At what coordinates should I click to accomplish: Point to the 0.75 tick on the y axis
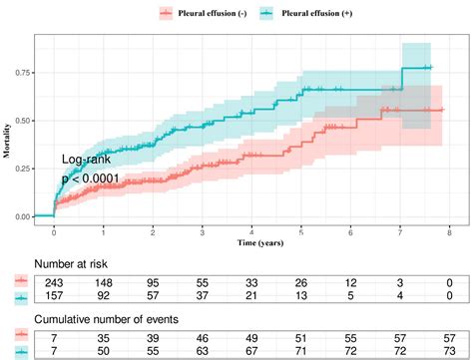coord(20,72)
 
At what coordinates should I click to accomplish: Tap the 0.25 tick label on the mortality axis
coord(20,168)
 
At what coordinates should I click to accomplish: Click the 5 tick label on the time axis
coord(300,230)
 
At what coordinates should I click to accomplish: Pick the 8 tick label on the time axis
coord(448,230)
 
